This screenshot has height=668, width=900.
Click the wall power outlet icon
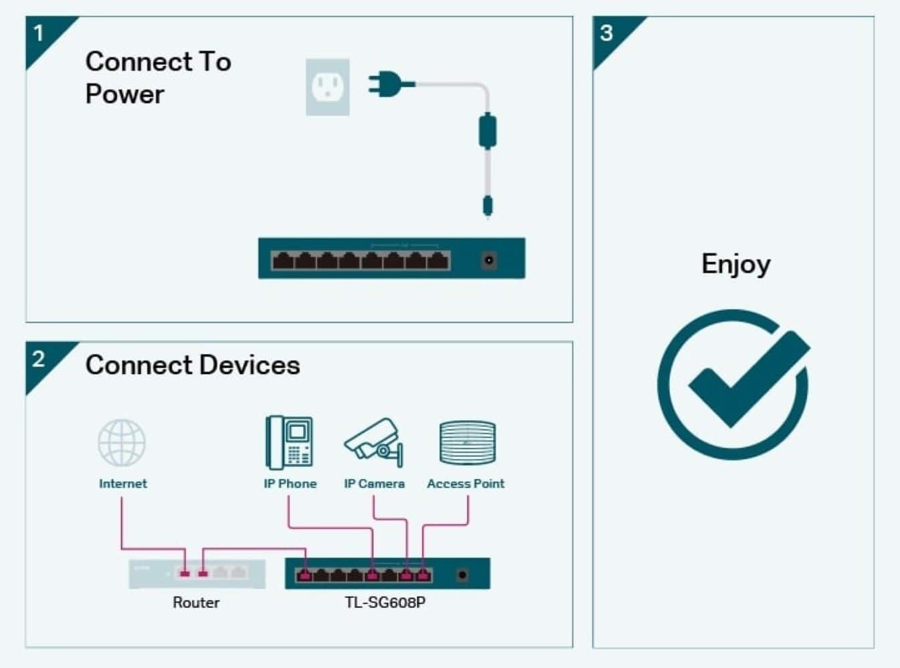coord(328,87)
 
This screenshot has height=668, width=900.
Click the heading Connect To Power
coord(158,77)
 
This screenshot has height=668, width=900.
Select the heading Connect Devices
coord(193,365)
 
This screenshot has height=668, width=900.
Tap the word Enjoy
coord(736,264)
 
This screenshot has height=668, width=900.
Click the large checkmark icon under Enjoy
coord(734,383)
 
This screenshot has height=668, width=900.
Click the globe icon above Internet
coord(122,442)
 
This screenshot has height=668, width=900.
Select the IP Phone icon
coord(289,442)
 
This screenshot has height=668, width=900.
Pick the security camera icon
coord(374,441)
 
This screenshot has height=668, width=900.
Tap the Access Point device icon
coord(467,442)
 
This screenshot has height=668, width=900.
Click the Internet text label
coord(122,484)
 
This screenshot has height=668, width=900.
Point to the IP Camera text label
coord(374,484)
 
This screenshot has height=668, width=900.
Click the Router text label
coord(196,603)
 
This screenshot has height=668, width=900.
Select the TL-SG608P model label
coord(385,603)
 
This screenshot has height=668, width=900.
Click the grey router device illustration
coord(197,574)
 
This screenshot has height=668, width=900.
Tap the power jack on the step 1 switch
coord(489,259)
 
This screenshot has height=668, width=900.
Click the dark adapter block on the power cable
coord(487,130)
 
